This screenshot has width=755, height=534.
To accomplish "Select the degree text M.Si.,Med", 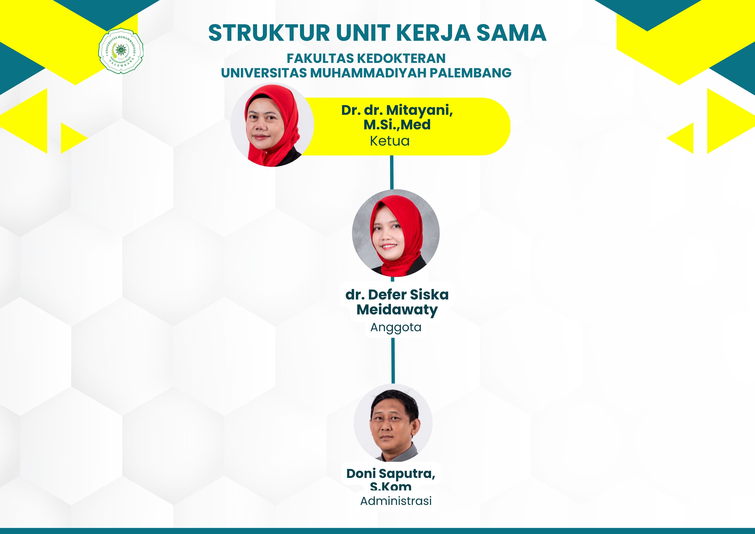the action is tap(397, 125).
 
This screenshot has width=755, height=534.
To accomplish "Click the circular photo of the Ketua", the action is tap(272, 125).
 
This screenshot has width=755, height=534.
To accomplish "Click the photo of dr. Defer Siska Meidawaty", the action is tap(396, 233).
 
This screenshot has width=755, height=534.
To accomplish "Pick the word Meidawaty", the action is tap(397, 310).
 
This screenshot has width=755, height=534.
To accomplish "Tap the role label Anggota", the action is tap(396, 328).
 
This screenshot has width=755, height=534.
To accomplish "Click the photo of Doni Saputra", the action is tap(393, 423).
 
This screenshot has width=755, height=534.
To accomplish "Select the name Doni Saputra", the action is tap(391, 474).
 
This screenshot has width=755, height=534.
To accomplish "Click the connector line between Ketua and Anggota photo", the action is tap(392, 172).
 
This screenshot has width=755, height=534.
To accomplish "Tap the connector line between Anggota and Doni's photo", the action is tap(393, 361).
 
